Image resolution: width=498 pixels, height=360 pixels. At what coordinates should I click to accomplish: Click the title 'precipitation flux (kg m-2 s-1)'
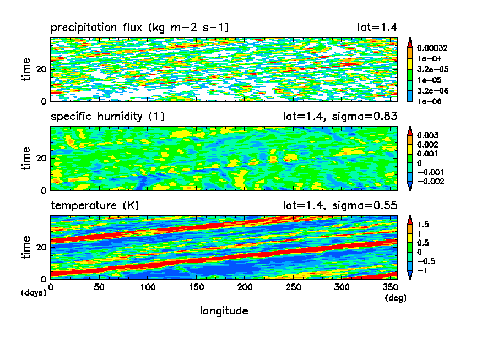(139, 27)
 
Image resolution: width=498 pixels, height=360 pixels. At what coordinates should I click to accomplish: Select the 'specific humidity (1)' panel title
(107, 116)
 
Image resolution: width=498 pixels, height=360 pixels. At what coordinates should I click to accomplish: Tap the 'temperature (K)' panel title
(95, 205)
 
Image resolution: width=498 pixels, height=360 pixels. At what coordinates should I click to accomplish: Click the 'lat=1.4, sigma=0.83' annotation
(337, 116)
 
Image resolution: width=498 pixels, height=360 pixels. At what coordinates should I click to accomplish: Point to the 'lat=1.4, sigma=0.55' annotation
(337, 205)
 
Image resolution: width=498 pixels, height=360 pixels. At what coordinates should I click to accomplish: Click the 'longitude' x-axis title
(224, 311)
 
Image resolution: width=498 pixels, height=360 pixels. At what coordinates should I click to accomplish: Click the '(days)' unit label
(34, 292)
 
